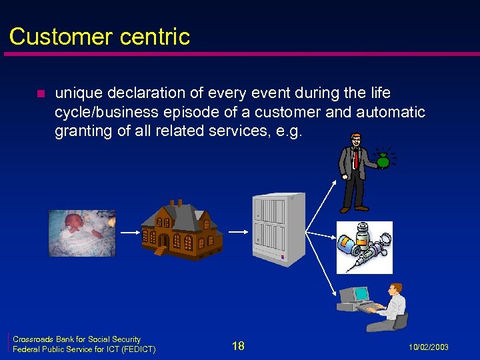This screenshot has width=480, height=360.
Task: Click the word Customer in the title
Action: (x=54, y=36)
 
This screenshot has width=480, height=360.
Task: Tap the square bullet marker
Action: (x=41, y=93)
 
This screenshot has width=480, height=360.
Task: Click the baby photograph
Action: (x=81, y=233)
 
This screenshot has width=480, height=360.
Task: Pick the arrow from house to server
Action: (x=237, y=231)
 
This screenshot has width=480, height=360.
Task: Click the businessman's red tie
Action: (x=356, y=159)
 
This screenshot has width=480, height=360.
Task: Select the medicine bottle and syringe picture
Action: (x=364, y=247)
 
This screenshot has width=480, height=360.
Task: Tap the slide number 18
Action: (x=238, y=345)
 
